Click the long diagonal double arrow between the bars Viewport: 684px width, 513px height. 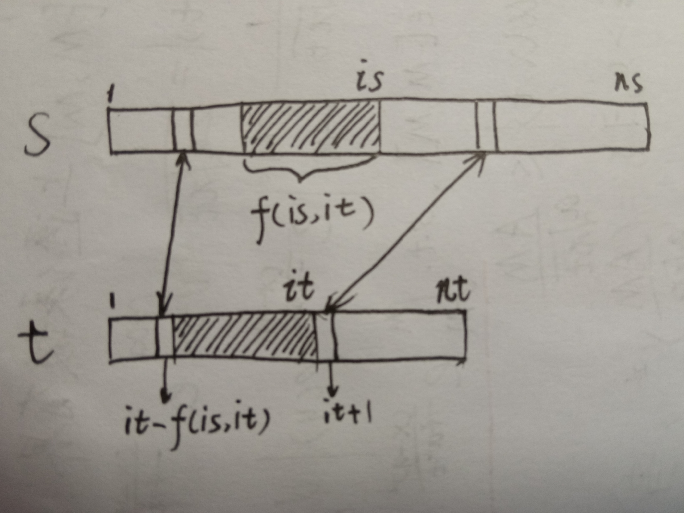tap(405, 232)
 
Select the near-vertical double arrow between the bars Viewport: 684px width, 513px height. tap(174, 232)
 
